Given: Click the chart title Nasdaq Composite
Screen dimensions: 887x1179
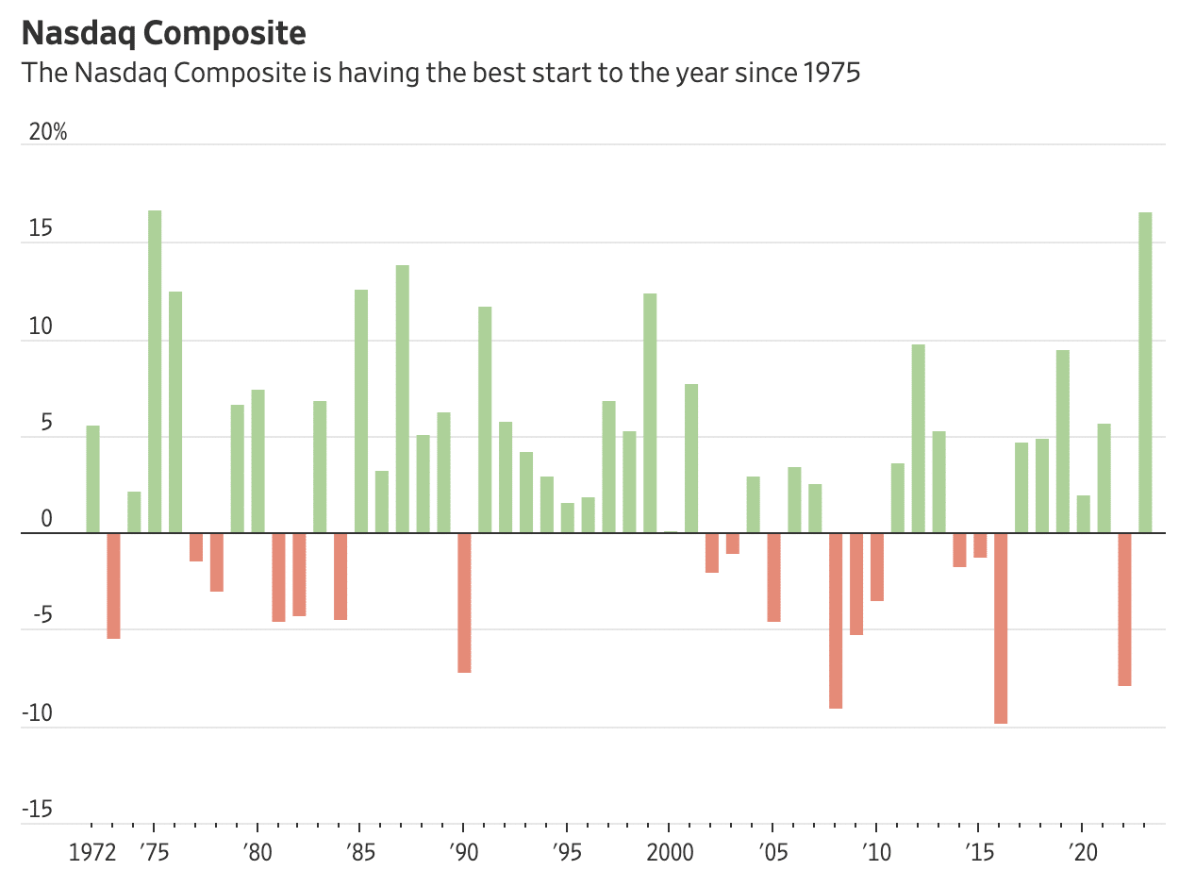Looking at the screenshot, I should click(x=163, y=33).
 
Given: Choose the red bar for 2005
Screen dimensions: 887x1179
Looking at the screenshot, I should click(x=773, y=577).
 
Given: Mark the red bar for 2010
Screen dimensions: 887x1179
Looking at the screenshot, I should click(x=877, y=566).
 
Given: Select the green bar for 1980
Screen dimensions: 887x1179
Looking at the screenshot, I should click(x=257, y=461).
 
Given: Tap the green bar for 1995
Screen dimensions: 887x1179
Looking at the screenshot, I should click(x=568, y=518).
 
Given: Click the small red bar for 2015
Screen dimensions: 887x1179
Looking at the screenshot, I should click(x=980, y=545).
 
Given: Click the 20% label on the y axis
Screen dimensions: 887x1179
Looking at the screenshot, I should click(x=48, y=132).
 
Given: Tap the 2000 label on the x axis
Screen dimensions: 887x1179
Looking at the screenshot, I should click(x=669, y=854).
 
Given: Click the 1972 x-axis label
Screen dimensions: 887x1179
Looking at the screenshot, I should click(x=92, y=854).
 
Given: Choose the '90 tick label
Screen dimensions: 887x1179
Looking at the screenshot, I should click(x=462, y=854).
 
